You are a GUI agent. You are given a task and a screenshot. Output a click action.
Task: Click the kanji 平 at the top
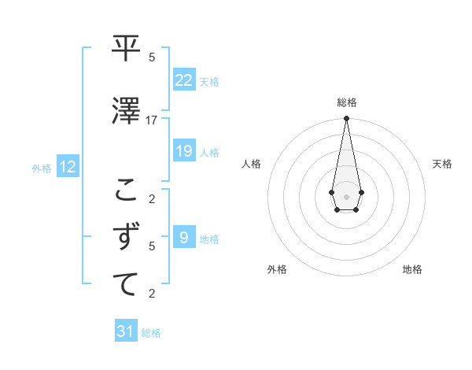click(126, 49)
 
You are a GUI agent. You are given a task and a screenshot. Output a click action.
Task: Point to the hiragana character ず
click(126, 236)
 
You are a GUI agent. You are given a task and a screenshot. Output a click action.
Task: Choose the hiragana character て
click(126, 284)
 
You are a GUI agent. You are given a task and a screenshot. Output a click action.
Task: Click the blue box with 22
click(184, 80)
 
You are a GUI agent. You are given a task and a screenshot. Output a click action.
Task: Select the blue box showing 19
click(184, 151)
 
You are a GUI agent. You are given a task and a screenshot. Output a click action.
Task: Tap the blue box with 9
click(184, 238)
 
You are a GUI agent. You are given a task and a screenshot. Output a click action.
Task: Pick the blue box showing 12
click(68, 167)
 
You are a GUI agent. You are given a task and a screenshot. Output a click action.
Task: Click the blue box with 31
click(126, 331)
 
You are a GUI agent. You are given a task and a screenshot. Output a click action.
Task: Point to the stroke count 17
click(152, 120)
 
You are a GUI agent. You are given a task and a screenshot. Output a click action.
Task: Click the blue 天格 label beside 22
click(209, 81)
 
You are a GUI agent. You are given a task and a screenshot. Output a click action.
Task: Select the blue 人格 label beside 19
click(209, 153)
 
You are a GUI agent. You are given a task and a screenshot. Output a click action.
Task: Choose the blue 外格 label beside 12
click(42, 168)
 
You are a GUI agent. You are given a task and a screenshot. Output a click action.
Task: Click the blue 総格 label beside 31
click(151, 333)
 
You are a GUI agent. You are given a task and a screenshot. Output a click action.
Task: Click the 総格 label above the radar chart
click(346, 102)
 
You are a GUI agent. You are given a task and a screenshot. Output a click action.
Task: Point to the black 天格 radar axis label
click(442, 164)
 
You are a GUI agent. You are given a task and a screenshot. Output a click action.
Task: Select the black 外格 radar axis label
click(277, 269)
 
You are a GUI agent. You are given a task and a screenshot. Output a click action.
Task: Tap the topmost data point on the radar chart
click(346, 119)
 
